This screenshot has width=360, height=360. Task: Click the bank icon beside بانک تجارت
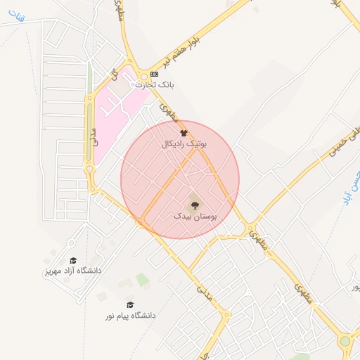[155, 74]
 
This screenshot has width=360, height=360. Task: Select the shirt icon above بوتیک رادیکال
[184, 132]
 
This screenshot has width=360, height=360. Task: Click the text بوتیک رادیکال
[184, 143]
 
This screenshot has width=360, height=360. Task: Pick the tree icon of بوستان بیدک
[195, 205]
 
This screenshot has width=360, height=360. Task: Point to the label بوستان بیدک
[195, 217]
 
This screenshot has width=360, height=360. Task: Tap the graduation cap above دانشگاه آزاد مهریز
[73, 261]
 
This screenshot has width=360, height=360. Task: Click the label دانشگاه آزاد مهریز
[73, 271]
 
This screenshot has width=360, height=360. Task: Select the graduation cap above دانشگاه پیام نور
[130, 304]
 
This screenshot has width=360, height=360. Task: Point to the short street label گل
[112, 73]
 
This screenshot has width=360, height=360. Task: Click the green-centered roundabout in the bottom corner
[345, 342]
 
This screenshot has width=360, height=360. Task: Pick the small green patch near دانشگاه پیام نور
[143, 280]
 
